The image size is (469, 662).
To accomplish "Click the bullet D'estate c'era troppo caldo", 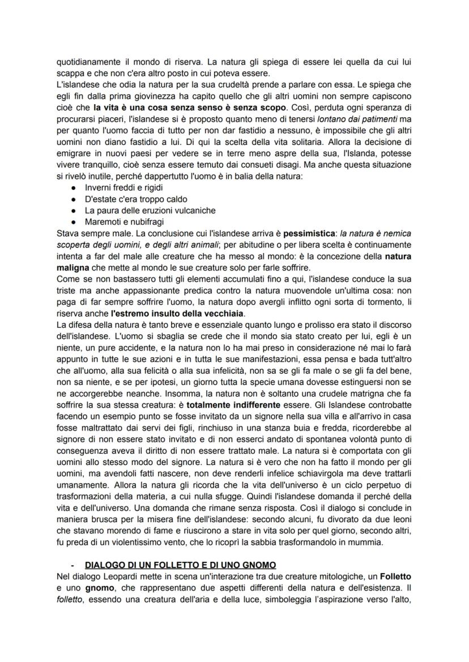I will (x=136, y=198).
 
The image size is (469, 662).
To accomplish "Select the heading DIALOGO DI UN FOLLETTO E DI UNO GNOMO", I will (x=180, y=565).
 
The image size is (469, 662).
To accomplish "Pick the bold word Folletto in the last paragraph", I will (x=394, y=576).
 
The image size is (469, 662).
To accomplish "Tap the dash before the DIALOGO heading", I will (x=73, y=565).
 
